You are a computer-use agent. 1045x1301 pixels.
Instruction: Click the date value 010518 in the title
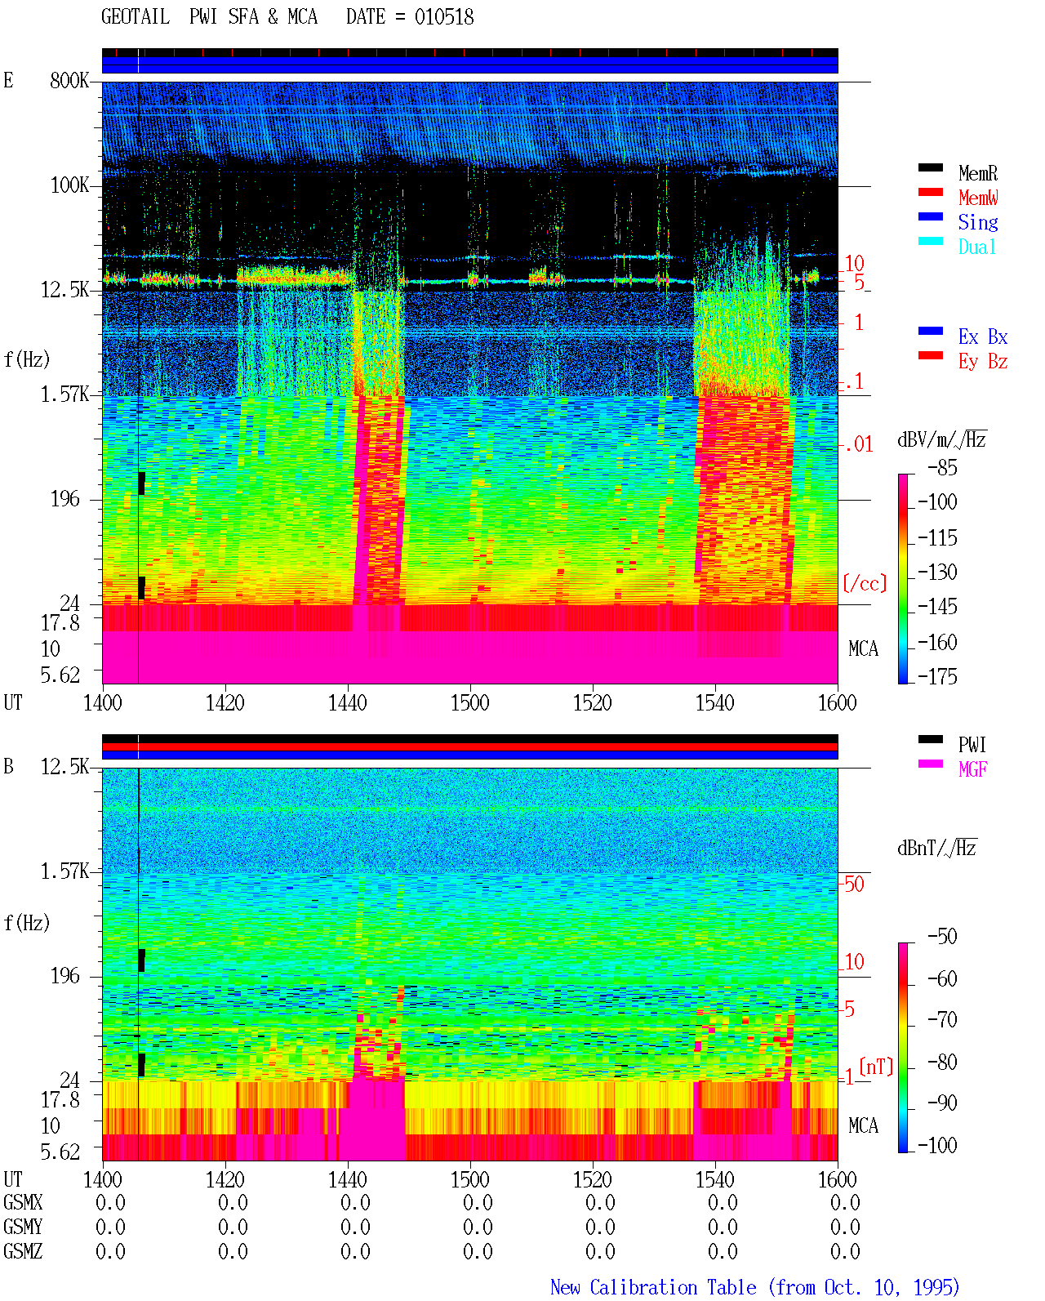(x=443, y=17)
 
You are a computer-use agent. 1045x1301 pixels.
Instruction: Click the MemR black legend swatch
(x=930, y=167)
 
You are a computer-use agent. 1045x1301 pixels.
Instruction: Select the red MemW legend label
(x=978, y=198)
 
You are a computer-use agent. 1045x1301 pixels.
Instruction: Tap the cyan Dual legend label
(x=976, y=247)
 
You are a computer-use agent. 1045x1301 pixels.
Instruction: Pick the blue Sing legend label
(x=977, y=222)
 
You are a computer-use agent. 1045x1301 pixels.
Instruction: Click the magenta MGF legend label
(x=972, y=769)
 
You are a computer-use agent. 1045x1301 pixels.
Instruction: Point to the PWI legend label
(x=972, y=744)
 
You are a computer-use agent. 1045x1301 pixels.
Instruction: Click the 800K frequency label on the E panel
(x=69, y=80)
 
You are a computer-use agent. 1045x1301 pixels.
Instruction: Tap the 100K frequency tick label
(x=69, y=185)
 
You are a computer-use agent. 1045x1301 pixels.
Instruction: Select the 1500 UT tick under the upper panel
(x=469, y=702)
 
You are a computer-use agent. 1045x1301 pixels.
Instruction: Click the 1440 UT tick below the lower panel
(x=348, y=1179)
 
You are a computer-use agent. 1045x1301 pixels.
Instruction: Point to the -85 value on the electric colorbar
(x=942, y=467)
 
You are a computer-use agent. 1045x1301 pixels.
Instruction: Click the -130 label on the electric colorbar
(x=937, y=572)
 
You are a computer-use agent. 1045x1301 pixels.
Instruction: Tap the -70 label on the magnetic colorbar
(x=943, y=1019)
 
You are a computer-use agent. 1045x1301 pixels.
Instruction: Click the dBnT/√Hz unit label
(x=936, y=848)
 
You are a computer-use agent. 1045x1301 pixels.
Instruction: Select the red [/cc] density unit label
(x=865, y=583)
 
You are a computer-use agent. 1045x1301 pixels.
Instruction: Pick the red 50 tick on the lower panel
(x=854, y=884)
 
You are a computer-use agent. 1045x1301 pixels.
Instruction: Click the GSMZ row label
(x=23, y=1251)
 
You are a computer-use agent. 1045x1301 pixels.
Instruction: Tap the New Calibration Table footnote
(x=754, y=1287)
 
